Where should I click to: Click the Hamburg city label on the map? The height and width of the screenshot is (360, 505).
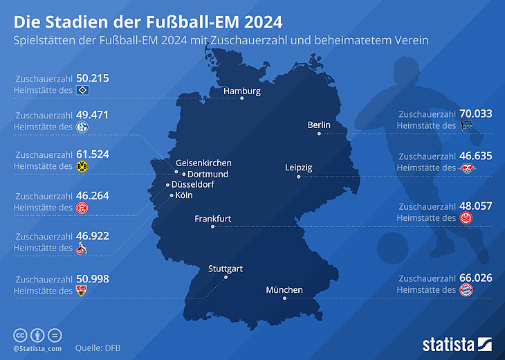coord(241,91)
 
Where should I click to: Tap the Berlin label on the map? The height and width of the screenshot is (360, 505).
coord(319,125)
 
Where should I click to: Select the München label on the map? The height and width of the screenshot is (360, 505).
coord(284,290)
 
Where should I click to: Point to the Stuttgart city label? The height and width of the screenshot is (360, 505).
coord(226,269)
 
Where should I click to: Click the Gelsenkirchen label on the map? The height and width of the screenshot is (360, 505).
coord(203,163)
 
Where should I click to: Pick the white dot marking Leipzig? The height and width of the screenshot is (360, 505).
coord(299,177)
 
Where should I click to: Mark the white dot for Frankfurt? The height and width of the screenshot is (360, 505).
coord(212,226)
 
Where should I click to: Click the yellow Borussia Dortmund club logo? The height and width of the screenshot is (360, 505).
coord(82,167)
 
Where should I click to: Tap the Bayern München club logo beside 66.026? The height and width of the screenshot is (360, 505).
coord(467,290)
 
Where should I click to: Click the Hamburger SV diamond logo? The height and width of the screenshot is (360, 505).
coord(82,91)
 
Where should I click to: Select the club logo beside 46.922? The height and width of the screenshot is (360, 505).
coord(82,248)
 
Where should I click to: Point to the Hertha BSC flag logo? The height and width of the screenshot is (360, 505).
coord(467,126)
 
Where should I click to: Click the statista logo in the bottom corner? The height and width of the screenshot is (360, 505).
coord(457,343)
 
